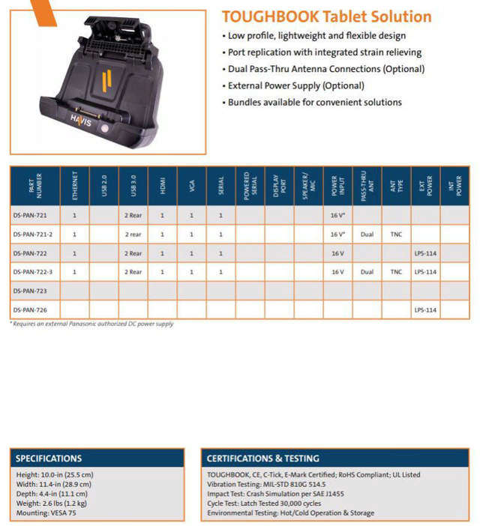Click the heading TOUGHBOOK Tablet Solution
pyautogui.click(x=326, y=16)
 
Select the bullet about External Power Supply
pyautogui.click(x=296, y=85)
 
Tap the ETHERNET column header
pyautogui.click(x=74, y=186)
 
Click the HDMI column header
pyautogui.click(x=162, y=186)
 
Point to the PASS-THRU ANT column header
pyautogui.click(x=367, y=186)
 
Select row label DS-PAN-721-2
pyautogui.click(x=34, y=235)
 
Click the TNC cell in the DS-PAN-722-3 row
pyautogui.click(x=396, y=272)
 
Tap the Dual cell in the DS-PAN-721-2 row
pyautogui.click(x=367, y=235)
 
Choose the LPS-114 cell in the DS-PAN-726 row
pyautogui.click(x=425, y=309)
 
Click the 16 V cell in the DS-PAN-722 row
pyautogui.click(x=337, y=253)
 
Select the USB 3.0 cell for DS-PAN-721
pyautogui.click(x=133, y=216)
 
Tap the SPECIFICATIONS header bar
pyautogui.click(x=97, y=458)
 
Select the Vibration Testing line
pyautogui.click(x=266, y=484)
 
